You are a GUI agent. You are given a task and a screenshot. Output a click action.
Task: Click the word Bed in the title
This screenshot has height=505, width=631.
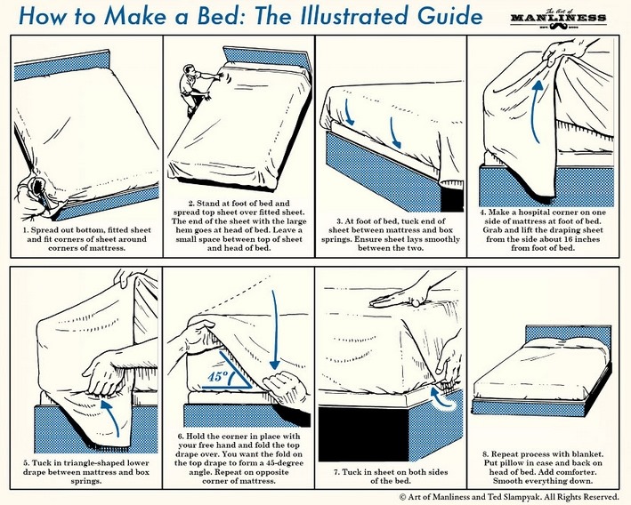point(218,16)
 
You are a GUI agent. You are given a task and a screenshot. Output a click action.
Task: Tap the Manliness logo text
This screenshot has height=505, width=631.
point(558,18)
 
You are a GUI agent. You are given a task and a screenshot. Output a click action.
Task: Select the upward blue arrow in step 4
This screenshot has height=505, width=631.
point(537,111)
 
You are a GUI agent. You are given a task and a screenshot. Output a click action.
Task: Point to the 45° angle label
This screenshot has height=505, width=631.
point(218,377)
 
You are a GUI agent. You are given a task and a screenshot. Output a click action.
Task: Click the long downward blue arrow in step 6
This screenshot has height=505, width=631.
point(274,330)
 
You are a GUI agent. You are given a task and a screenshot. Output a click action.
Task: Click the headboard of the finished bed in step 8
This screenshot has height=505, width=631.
point(568,336)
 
